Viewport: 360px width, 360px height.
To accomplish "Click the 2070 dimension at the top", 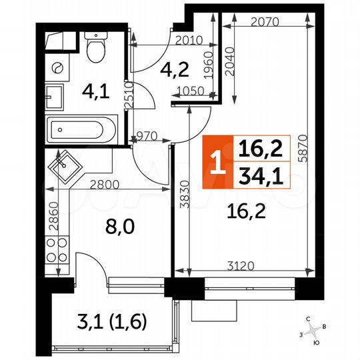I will (x=265, y=21).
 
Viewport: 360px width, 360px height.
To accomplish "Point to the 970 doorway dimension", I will (x=146, y=136).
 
